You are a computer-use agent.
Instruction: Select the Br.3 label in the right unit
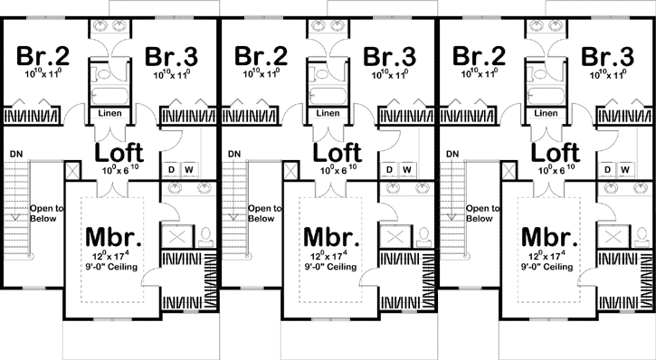click(607, 56)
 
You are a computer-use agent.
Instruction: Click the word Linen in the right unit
click(546, 114)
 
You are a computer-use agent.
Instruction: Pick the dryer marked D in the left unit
click(172, 169)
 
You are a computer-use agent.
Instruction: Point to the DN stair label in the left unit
click(16, 154)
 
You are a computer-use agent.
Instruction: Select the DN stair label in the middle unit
click(234, 154)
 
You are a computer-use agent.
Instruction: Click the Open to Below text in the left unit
click(46, 213)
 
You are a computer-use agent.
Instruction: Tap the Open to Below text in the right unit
click(482, 213)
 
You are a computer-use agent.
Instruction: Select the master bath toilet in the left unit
click(204, 236)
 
